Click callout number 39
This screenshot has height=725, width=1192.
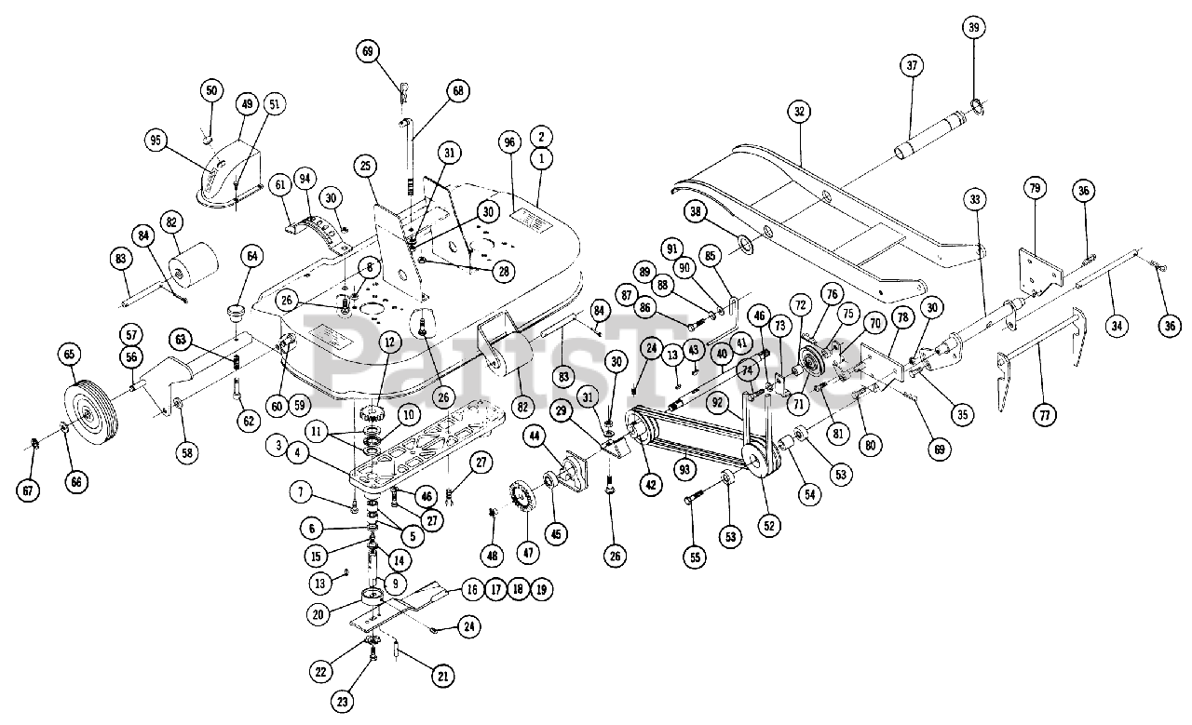tap(974, 27)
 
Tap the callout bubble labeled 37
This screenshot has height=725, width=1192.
tap(912, 65)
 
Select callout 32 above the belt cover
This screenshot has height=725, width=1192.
tap(799, 112)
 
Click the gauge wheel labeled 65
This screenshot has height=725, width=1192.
tap(90, 407)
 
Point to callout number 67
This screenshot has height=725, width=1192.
tap(28, 490)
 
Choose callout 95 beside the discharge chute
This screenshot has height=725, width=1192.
tap(156, 141)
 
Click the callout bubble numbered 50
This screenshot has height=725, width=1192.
tap(211, 90)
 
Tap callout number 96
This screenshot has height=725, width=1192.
tap(509, 142)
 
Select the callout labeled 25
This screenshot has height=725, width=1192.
tap(365, 166)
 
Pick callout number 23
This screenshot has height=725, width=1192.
tap(342, 702)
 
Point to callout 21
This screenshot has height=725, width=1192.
tap(443, 677)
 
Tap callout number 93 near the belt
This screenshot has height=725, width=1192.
tap(684, 470)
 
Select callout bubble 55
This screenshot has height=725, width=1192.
tap(696, 557)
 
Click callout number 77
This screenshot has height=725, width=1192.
tap(1045, 414)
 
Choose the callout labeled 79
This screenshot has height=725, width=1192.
tap(1035, 188)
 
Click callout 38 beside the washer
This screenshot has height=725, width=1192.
tap(696, 212)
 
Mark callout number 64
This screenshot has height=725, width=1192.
tap(252, 256)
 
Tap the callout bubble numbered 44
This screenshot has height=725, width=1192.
tap(535, 436)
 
